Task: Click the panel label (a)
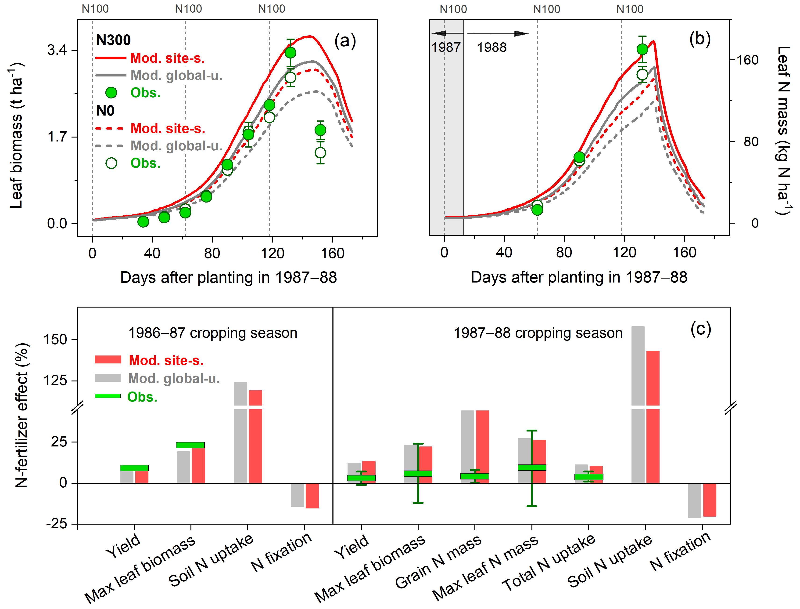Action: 345,41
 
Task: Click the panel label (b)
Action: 700,39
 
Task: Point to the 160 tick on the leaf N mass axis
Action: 747,60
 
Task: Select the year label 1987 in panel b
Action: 446,47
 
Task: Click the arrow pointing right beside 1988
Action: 498,33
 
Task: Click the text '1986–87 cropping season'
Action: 213,333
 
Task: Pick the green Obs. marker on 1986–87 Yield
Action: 134,468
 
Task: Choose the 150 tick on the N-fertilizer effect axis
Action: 55,340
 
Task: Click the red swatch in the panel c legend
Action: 108,360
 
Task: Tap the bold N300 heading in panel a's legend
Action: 113,40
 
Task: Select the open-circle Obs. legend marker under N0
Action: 111,163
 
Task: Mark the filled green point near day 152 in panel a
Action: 320,130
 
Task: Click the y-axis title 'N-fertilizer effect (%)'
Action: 21,415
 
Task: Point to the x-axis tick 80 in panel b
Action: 564,252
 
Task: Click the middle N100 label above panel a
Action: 188,9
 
